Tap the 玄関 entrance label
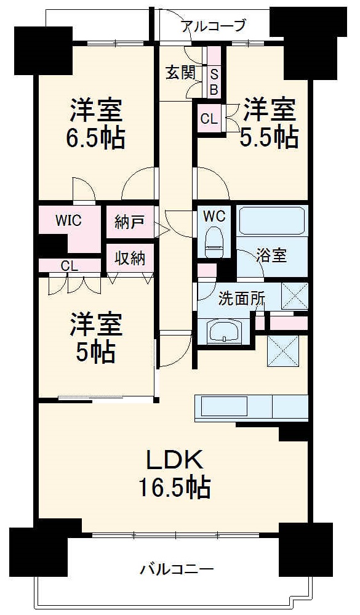coord(180,73)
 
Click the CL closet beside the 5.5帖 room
coord(209,119)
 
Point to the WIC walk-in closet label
coord(68,221)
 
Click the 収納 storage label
coord(130,258)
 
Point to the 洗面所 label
coord(241,300)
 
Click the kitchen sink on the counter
coord(224,407)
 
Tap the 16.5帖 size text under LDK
coord(174,487)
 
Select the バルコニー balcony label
coord(177,568)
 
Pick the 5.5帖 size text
coord(269,137)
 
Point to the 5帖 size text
coord(95,352)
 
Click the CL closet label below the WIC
coord(70,266)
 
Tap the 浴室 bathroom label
coord(271,255)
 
